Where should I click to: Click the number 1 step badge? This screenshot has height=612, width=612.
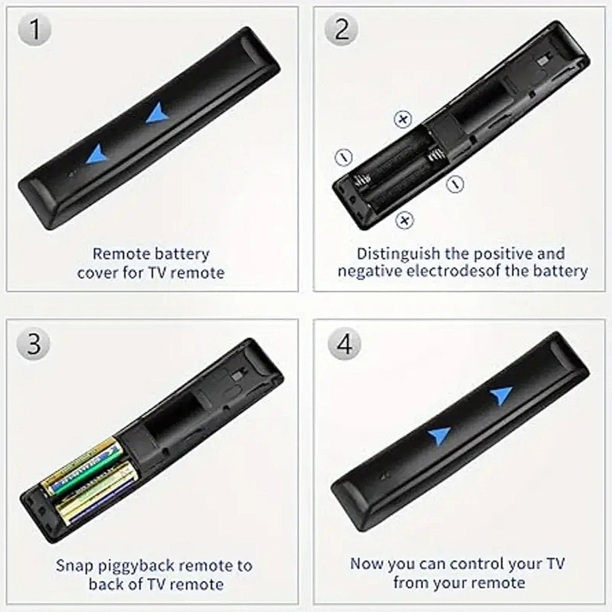pyautogui.click(x=35, y=30)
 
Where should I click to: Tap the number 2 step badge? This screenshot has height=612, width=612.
pyautogui.click(x=341, y=30)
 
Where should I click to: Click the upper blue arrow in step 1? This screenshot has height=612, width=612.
pyautogui.click(x=157, y=113)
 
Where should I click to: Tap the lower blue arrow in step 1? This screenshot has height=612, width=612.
pyautogui.click(x=97, y=155)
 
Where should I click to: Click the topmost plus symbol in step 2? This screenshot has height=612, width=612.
pyautogui.click(x=403, y=119)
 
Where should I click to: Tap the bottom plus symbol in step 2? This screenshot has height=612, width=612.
pyautogui.click(x=405, y=221)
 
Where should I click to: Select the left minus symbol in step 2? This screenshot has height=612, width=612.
pyautogui.click(x=344, y=157)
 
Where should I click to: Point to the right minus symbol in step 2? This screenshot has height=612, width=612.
pyautogui.click(x=455, y=183)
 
